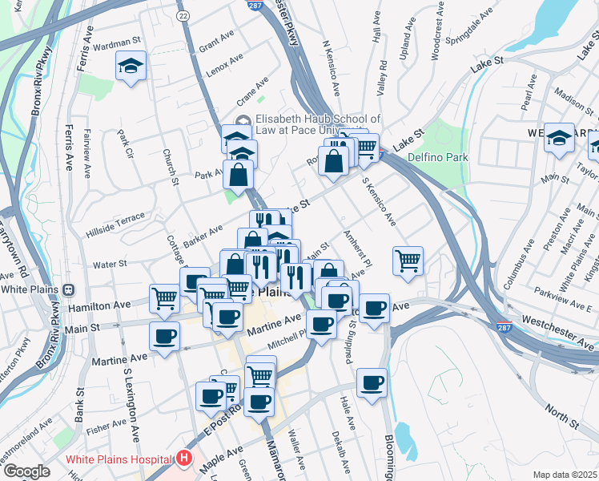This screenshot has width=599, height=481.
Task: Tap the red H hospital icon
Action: pyautogui.click(x=184, y=459)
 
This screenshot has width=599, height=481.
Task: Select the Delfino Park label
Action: pyautogui.click(x=437, y=157)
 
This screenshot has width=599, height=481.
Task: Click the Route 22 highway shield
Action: pyautogui.click(x=183, y=15)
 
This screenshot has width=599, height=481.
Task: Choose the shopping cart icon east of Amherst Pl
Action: pyautogui.click(x=408, y=261)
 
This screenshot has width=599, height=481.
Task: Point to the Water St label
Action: pyautogui.click(x=110, y=263)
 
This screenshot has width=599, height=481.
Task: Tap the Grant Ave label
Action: pyautogui.click(x=215, y=46)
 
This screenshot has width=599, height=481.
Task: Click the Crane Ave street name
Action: pyautogui.click(x=251, y=94)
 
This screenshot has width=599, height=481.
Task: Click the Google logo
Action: pyautogui.click(x=26, y=471)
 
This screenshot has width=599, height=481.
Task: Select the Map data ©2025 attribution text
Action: pyautogui.click(x=565, y=475)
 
